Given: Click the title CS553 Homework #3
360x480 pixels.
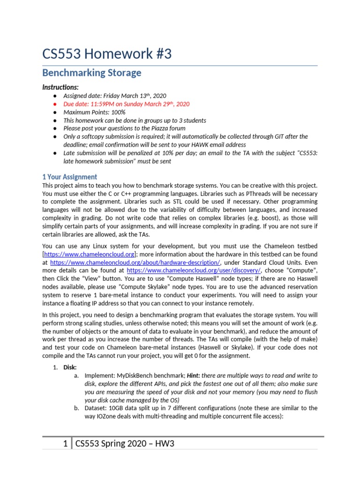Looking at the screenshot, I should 107,54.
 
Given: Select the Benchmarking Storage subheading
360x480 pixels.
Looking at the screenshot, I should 91,73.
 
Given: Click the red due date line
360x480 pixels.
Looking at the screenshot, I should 126,104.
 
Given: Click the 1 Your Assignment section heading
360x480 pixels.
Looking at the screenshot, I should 70,177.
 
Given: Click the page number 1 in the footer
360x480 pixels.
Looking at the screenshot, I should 66,443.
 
